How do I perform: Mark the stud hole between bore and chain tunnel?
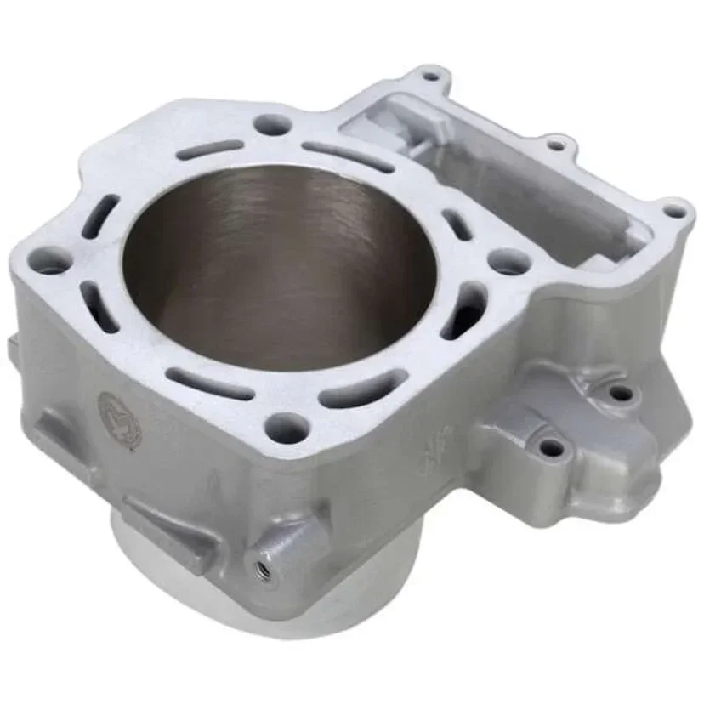[x=508, y=261]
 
